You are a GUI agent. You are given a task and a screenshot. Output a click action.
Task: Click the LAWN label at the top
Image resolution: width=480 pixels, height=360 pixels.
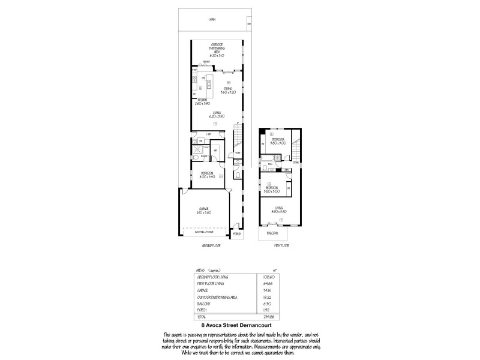[212, 20]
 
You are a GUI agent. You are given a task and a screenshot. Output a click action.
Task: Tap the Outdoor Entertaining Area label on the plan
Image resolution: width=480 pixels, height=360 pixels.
[217, 50]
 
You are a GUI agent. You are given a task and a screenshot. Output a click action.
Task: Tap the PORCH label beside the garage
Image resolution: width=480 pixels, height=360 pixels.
[236, 234]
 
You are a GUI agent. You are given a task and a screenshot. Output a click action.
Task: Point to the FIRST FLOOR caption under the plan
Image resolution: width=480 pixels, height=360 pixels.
[274, 245]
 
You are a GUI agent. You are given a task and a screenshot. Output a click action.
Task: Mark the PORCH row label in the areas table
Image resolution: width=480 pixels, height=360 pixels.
[202, 309]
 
